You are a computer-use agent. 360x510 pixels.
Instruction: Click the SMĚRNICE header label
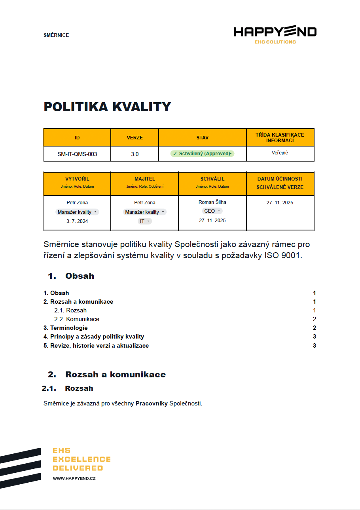point(56,35)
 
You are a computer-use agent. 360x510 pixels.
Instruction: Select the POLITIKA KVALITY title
point(107,107)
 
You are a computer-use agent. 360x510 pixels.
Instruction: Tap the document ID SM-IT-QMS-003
point(77,154)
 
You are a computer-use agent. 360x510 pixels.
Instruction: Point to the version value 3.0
point(135,154)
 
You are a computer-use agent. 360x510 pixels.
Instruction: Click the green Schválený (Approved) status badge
point(202,154)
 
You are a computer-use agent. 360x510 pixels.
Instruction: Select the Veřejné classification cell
point(280,153)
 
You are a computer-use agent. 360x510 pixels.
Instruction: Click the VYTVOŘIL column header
point(77,179)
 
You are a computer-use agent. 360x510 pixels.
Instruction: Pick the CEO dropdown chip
point(212,211)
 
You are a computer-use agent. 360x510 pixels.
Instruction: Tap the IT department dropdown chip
point(144,221)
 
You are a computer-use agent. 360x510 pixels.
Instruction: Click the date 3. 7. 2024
point(77,221)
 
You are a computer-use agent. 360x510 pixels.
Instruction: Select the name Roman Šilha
point(212,202)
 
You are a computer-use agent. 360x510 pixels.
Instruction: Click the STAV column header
point(202,138)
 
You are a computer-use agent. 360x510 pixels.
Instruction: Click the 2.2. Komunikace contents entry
point(77,319)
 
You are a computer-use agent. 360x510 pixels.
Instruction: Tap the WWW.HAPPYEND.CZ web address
point(74,478)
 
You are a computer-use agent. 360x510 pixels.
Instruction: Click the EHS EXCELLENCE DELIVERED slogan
point(81,459)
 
